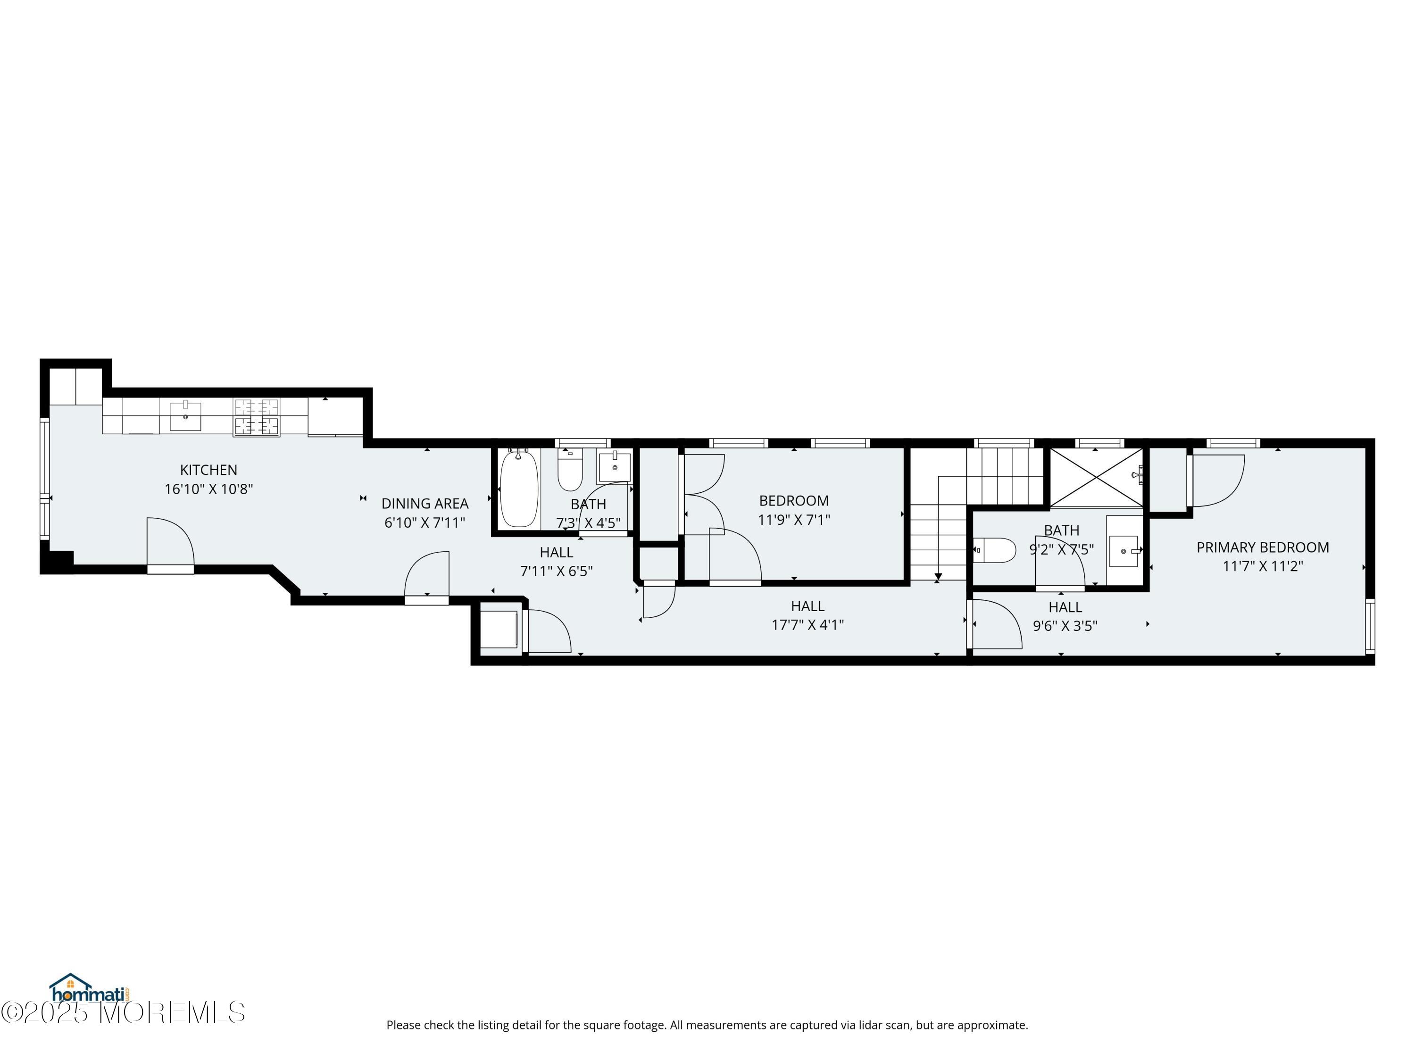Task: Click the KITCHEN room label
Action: pyautogui.click(x=208, y=470)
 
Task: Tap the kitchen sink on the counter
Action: pyautogui.click(x=185, y=416)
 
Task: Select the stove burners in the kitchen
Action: pyautogui.click(x=257, y=417)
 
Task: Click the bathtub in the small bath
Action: pyautogui.click(x=519, y=489)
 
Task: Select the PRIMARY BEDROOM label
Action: pyautogui.click(x=1263, y=547)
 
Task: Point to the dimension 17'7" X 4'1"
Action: pyautogui.click(x=808, y=625)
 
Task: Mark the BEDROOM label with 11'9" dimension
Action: pyautogui.click(x=794, y=501)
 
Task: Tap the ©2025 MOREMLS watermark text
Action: pyautogui.click(x=123, y=1012)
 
